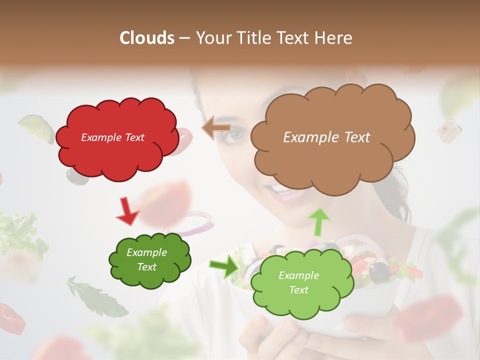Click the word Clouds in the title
(147, 38)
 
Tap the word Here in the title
(332, 38)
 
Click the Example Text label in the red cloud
(112, 137)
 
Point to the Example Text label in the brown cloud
(326, 137)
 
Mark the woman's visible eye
(236, 133)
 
